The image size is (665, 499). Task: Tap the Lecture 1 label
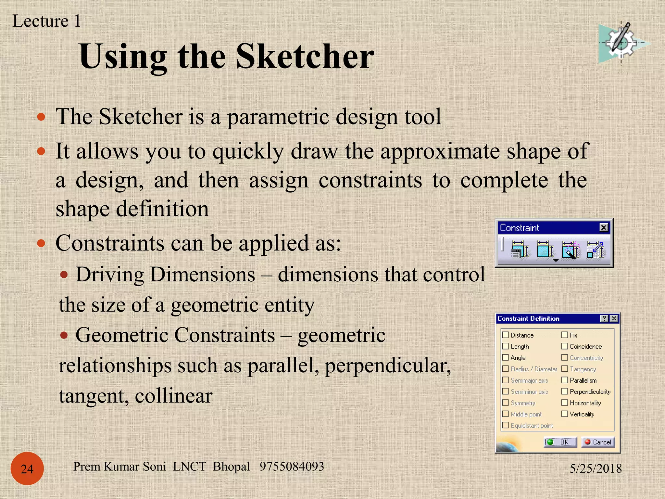pyautogui.click(x=46, y=21)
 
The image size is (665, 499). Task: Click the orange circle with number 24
pyautogui.click(x=27, y=468)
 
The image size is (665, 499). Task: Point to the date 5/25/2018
pyautogui.click(x=596, y=468)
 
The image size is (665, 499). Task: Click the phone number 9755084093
pyautogui.click(x=292, y=467)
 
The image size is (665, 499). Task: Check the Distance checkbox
pyautogui.click(x=506, y=335)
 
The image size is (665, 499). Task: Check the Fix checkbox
pyautogui.click(x=565, y=335)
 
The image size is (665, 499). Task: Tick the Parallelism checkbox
pyautogui.click(x=565, y=380)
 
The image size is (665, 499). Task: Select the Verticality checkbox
pyautogui.click(x=565, y=414)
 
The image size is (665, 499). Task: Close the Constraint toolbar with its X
pyautogui.click(x=604, y=227)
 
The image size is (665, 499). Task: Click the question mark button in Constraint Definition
pyautogui.click(x=604, y=318)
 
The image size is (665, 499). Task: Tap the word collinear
pyautogui.click(x=173, y=396)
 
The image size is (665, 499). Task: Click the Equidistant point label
pyautogui.click(x=532, y=426)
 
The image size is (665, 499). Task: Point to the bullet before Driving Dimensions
pyautogui.click(x=64, y=275)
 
